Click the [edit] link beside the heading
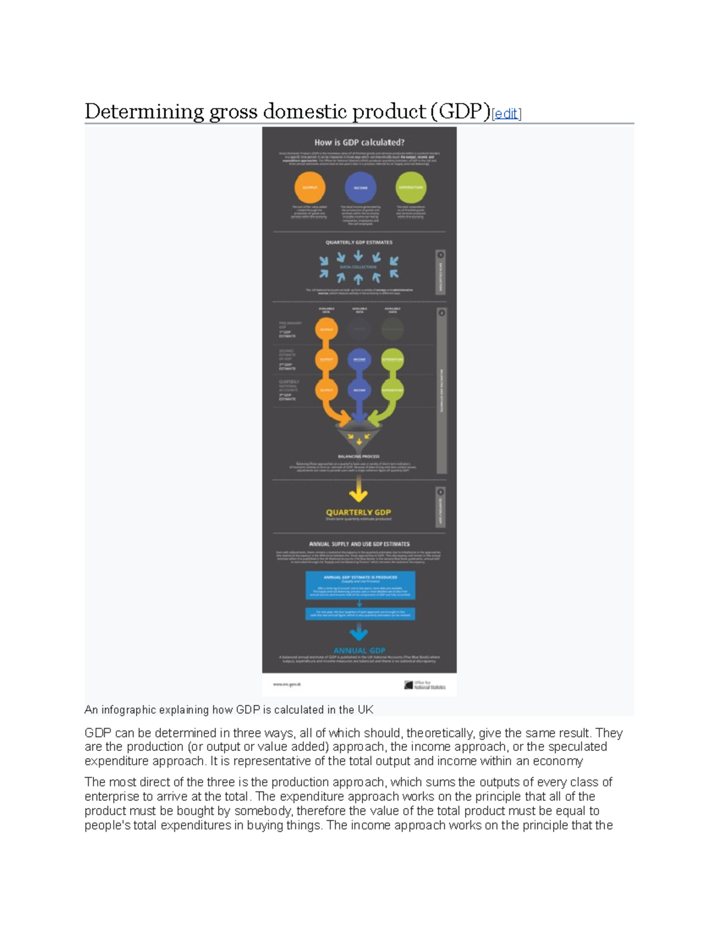[506, 114]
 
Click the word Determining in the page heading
[144, 112]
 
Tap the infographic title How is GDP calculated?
[359, 143]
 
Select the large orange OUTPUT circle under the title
[310, 187]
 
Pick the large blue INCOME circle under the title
[360, 187]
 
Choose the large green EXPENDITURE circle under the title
[411, 187]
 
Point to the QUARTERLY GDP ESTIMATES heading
[359, 243]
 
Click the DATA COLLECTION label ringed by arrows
[358, 267]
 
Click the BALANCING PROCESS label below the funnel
[359, 456]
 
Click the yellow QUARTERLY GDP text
[358, 512]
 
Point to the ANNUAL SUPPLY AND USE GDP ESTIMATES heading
[359, 544]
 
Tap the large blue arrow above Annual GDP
[359, 631]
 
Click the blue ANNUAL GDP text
[359, 650]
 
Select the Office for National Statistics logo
[425, 685]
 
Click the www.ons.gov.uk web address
[287, 684]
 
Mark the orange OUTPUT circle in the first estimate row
[327, 329]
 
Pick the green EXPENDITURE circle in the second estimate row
[392, 360]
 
